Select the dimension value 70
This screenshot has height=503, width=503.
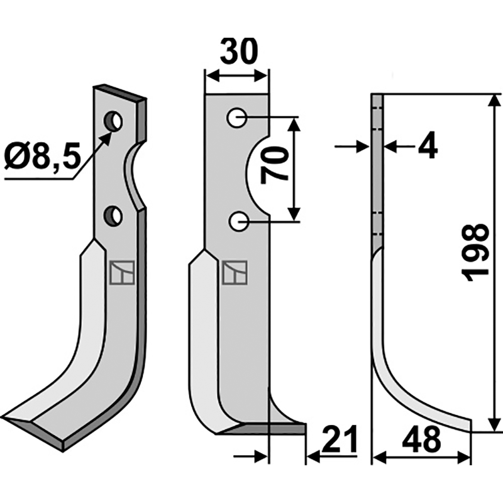pyautogui.click(x=275, y=165)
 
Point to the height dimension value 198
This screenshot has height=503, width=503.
pyautogui.click(x=476, y=252)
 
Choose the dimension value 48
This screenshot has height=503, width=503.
pyautogui.click(x=422, y=440)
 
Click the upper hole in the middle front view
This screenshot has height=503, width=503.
pyautogui.click(x=238, y=117)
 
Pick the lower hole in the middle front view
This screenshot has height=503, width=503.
pyautogui.click(x=238, y=221)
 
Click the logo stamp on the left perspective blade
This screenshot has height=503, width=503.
pyautogui.click(x=119, y=272)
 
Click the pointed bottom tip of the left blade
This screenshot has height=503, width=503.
pyautogui.click(x=8, y=420)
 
